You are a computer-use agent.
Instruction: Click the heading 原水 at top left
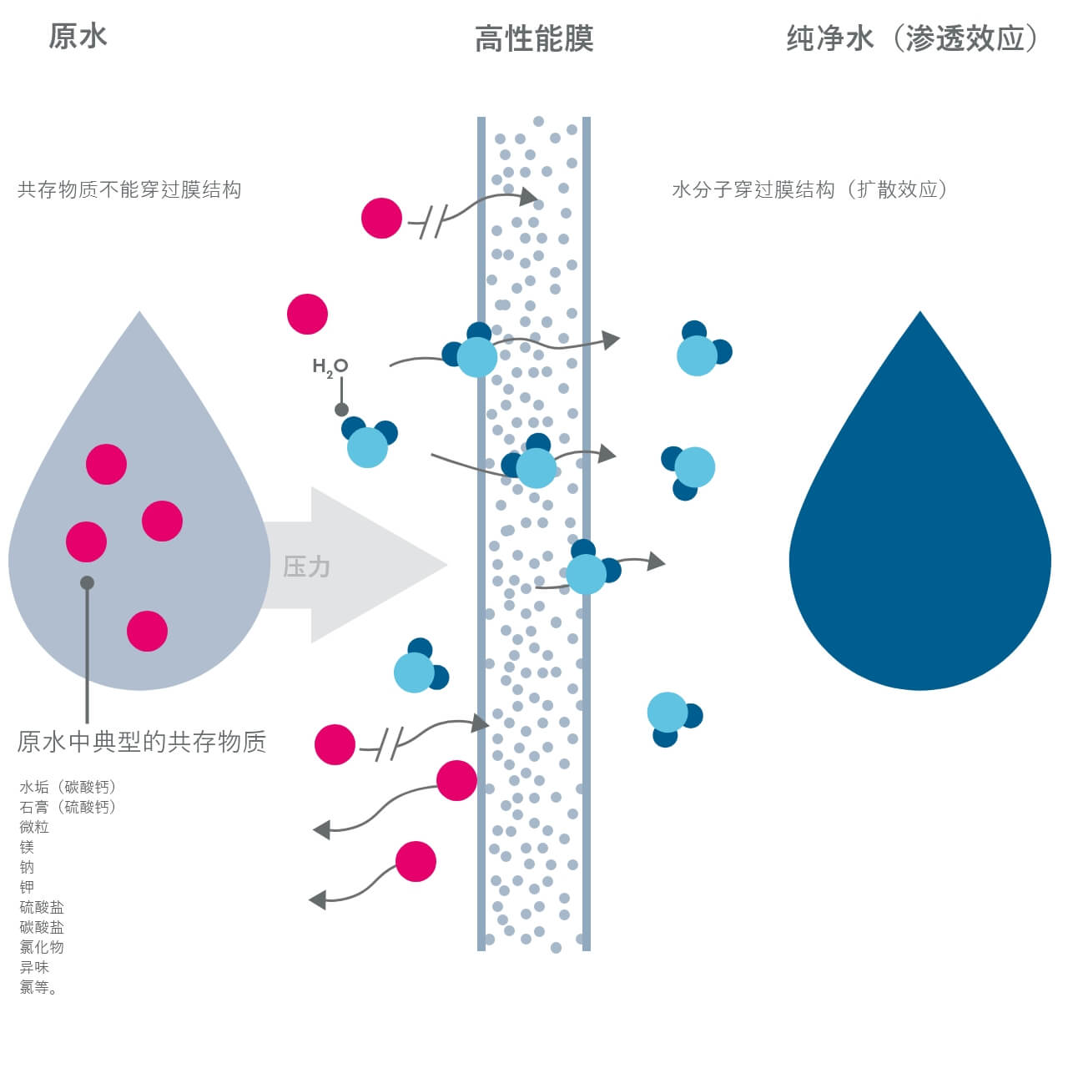click(x=78, y=37)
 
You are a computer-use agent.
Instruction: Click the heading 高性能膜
click(x=534, y=39)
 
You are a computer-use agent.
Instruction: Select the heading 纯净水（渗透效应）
click(x=912, y=38)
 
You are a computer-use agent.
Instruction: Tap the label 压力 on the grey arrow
click(x=307, y=567)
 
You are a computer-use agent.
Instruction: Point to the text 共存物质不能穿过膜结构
click(x=129, y=190)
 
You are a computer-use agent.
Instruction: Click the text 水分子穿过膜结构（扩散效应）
click(x=809, y=190)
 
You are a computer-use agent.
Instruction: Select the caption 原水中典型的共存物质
click(x=142, y=742)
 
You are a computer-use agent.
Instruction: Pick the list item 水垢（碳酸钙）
click(x=68, y=787)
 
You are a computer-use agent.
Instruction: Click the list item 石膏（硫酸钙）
click(x=68, y=807)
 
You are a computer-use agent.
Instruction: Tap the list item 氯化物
click(x=42, y=947)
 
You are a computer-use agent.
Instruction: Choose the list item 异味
click(x=34, y=967)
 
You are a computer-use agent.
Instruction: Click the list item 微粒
click(x=34, y=827)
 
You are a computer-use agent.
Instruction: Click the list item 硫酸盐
click(x=42, y=907)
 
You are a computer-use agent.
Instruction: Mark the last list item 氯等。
click(x=38, y=987)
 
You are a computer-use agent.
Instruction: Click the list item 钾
click(x=27, y=887)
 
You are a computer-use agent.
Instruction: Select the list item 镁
click(x=27, y=847)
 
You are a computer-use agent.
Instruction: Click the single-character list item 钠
click(x=27, y=867)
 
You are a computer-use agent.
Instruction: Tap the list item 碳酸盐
click(x=42, y=927)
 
